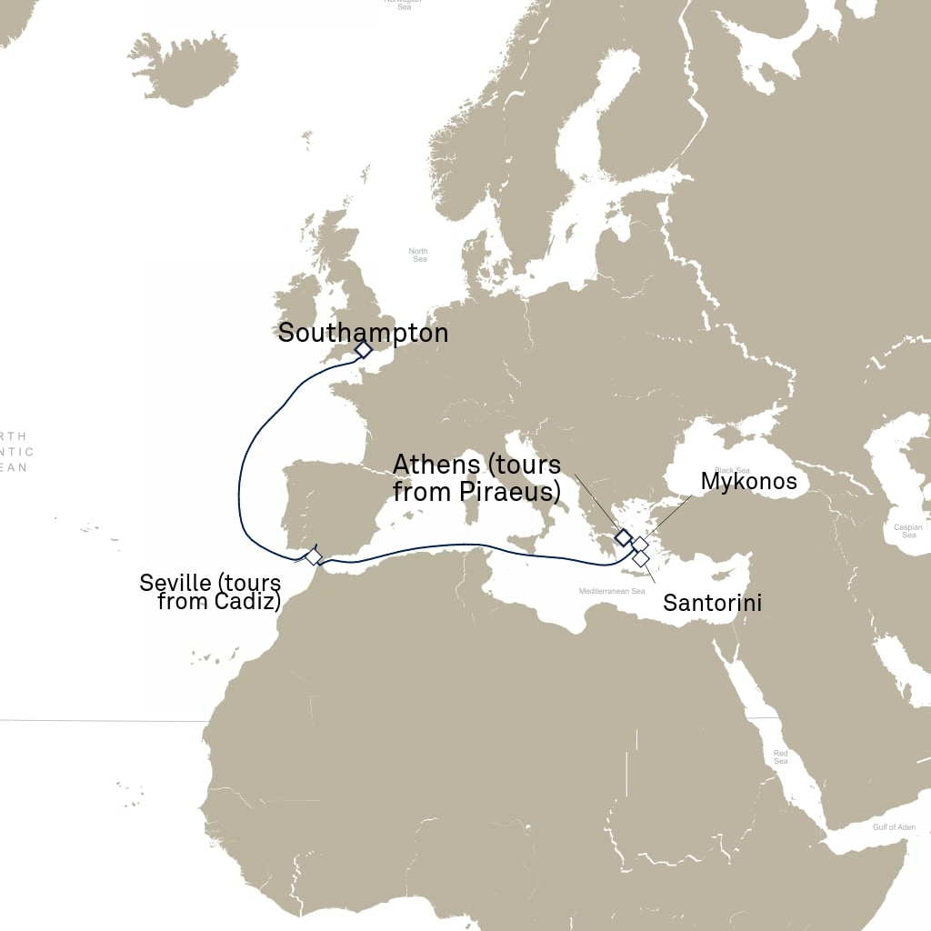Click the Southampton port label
pos(363,333)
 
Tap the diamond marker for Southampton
pos(363,349)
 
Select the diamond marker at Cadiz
pos(313,556)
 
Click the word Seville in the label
pos(172,582)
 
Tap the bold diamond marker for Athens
pos(624,536)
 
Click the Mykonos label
pos(748,481)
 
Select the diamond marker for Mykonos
pos(640,545)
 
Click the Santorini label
pos(712,602)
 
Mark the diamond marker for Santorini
pos(641,558)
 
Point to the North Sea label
pos(418,255)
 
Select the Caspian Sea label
pos(907,531)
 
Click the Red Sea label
pos(781,756)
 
